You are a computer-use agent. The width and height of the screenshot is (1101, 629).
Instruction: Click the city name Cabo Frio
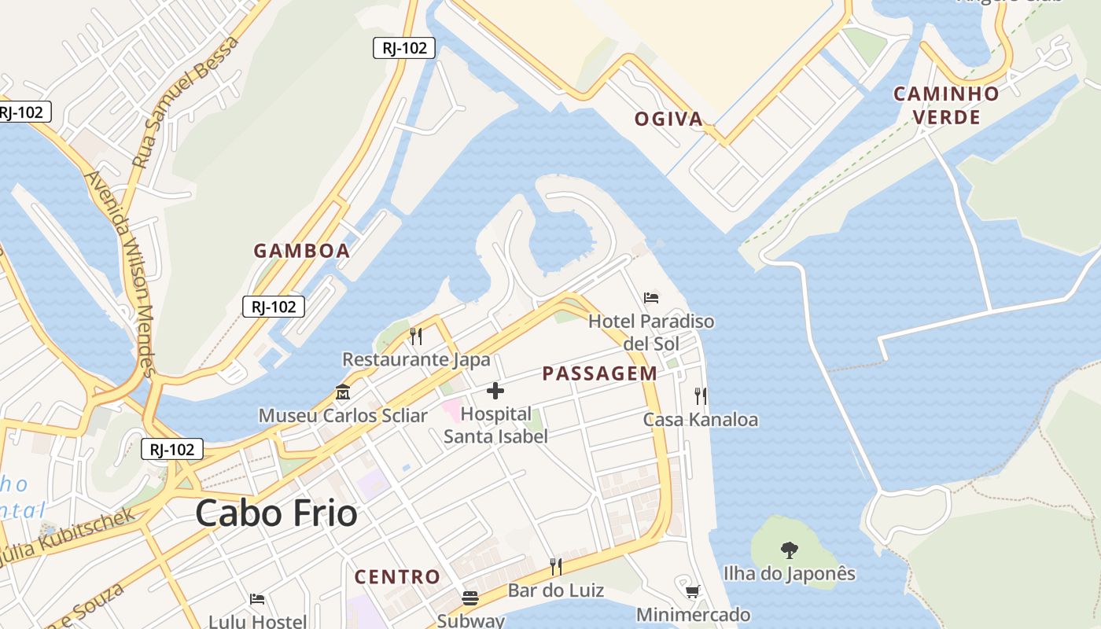pos(276,514)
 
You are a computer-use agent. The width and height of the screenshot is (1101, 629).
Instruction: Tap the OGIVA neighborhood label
pos(668,119)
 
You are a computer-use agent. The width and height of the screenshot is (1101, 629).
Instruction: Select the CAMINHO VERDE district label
pos(946,105)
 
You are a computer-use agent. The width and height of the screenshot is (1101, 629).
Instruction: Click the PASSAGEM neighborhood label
pos(599,373)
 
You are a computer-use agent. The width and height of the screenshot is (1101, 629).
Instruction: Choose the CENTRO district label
pos(397,576)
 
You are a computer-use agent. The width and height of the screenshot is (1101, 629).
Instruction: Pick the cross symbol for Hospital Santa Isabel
pos(495,391)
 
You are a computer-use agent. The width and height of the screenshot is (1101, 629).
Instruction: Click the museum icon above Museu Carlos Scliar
pos(343,392)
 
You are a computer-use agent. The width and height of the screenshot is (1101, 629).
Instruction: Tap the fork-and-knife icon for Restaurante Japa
pos(416,337)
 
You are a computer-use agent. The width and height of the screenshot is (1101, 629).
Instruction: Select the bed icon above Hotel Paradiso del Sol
pos(651,298)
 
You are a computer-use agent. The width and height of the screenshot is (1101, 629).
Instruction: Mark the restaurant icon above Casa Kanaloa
pos(700,395)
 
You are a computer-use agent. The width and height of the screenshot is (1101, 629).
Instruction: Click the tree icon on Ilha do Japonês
pos(790,550)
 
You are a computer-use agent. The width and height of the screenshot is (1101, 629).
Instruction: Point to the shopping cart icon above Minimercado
pos(693,591)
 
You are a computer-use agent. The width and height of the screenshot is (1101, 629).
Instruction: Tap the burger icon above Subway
pos(470,598)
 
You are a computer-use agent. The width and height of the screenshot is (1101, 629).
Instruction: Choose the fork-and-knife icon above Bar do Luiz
pos(556,566)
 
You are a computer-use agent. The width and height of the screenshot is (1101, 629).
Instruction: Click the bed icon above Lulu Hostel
pos(257,599)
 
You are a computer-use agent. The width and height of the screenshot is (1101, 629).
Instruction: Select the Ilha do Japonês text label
pos(789,573)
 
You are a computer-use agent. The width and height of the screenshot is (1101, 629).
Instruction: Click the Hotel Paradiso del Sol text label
pos(651,332)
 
